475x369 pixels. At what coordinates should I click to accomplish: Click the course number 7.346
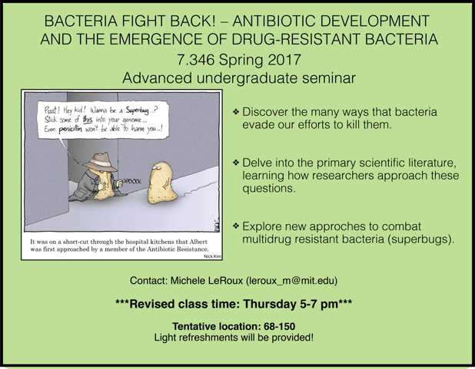pos(196,59)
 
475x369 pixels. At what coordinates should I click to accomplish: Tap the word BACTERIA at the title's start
pos(81,21)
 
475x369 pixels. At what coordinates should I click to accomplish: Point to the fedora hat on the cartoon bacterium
pos(100,161)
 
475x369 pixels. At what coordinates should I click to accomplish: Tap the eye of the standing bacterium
pos(157,166)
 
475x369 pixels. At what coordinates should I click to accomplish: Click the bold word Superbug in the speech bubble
pos(138,110)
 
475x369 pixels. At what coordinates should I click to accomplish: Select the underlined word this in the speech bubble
pos(88,119)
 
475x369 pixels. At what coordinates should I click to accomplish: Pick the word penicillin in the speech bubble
pos(70,129)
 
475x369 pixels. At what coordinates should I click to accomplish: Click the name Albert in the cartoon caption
pos(198,242)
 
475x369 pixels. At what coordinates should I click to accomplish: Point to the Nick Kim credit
pos(213,256)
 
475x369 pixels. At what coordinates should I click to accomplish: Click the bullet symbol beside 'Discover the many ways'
pos(236,112)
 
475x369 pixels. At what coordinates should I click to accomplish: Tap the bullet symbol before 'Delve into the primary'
pos(236,163)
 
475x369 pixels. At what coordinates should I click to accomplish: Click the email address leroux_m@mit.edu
pos(292,281)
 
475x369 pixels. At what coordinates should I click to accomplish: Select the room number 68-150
pos(279,326)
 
